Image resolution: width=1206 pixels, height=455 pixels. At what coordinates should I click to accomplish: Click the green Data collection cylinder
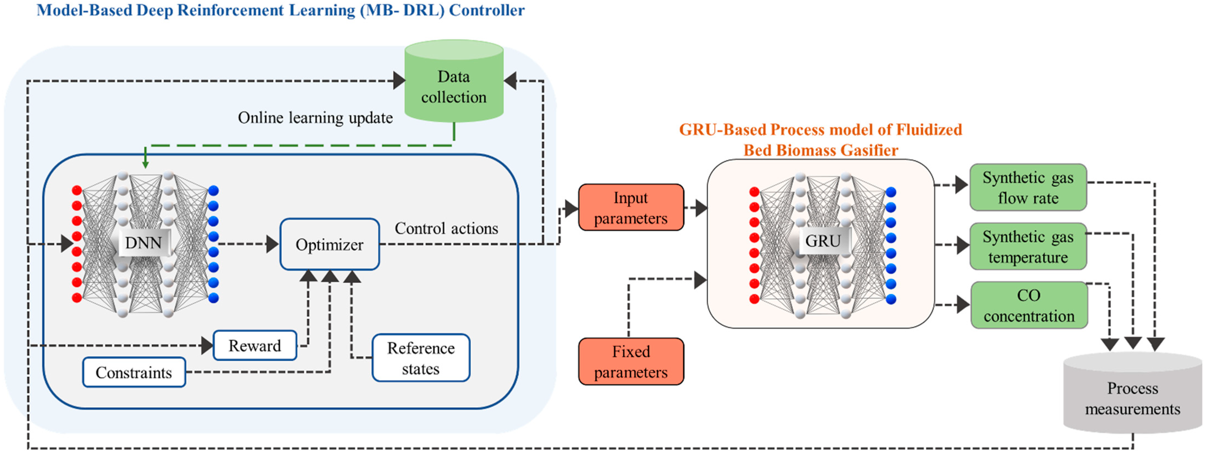[454, 84]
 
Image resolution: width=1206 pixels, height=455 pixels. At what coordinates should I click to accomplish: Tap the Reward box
[255, 345]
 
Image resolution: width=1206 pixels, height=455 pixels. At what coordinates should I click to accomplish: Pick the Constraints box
[134, 372]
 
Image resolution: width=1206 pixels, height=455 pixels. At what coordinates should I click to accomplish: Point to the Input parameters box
[631, 208]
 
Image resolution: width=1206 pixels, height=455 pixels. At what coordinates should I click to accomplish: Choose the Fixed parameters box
[631, 361]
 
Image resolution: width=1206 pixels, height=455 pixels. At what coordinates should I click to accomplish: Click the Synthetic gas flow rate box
[1028, 187]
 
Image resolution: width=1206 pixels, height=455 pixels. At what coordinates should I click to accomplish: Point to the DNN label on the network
[143, 243]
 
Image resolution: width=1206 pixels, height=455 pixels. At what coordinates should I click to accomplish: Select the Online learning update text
[315, 118]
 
